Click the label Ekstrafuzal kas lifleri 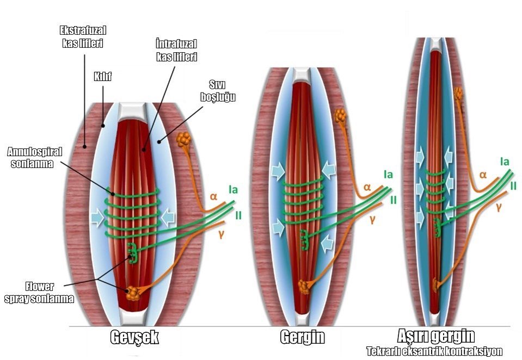coord(83,37)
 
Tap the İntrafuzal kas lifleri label coord(176,50)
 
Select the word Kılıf coord(102,77)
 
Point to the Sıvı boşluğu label coord(218,90)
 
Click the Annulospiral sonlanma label coord(35,158)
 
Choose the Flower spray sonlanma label coord(39,293)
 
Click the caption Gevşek coord(134,337)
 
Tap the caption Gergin coord(302,337)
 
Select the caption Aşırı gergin coord(436,336)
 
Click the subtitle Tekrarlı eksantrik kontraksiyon coord(434,351)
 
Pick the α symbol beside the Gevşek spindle coord(213,196)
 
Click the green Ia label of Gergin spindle coord(388,175)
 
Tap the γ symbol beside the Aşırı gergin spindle coord(499,207)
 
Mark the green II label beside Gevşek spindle coord(238,215)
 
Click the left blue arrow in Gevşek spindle coord(97,218)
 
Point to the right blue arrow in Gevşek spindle coord(168,218)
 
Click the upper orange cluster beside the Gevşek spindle coord(183,140)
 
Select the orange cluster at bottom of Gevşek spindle coord(132,293)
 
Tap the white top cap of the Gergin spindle coord(302,75)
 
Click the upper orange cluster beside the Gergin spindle coord(340,116)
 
